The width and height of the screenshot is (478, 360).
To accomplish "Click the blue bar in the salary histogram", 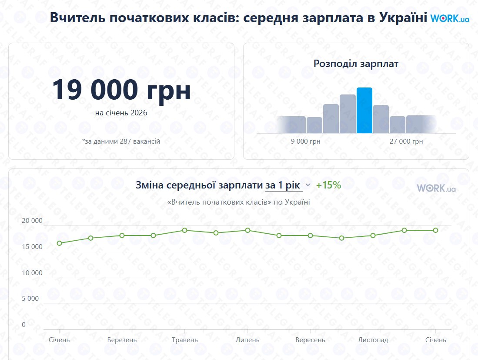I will (364, 111).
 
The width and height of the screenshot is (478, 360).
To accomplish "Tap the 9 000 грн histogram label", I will (305, 141).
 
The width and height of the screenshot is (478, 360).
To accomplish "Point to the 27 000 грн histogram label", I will (406, 141).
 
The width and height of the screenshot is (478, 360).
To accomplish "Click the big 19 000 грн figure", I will (121, 90).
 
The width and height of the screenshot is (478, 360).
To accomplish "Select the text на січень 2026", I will (121, 113).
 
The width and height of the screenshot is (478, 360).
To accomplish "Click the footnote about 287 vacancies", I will (121, 141).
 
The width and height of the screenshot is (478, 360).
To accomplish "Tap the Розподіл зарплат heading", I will (356, 64).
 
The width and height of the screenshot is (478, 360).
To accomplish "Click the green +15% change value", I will (328, 185).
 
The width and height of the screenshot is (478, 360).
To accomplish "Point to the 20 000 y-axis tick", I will (33, 221).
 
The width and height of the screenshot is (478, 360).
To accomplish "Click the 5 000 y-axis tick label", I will (30, 299).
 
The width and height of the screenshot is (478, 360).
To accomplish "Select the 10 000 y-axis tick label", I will (33, 273).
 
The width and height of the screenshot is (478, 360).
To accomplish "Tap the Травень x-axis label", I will (185, 340).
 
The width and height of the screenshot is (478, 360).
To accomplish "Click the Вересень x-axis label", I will (310, 340).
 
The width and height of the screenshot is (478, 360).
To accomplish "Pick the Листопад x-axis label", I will (373, 340).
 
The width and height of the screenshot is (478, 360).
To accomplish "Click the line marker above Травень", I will (185, 230).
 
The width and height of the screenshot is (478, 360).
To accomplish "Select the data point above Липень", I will (247, 230).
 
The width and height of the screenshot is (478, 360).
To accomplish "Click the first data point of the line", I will (59, 243).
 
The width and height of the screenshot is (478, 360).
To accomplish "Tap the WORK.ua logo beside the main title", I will (450, 19).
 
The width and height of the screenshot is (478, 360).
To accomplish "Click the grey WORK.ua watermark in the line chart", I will (436, 188).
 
